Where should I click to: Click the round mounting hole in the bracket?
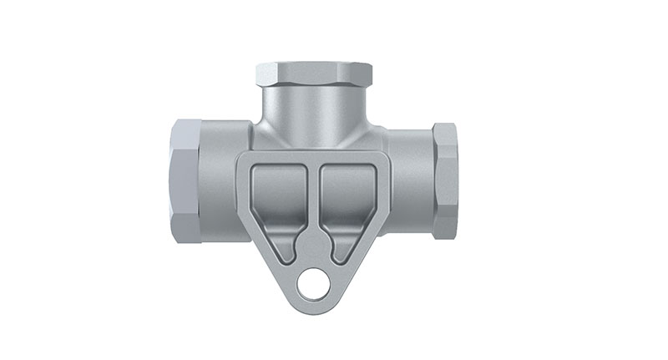tap(315, 286)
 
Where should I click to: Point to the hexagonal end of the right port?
tap(444, 179)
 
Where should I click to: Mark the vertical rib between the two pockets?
tap(315, 200)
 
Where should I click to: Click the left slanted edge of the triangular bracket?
tap(263, 251)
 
